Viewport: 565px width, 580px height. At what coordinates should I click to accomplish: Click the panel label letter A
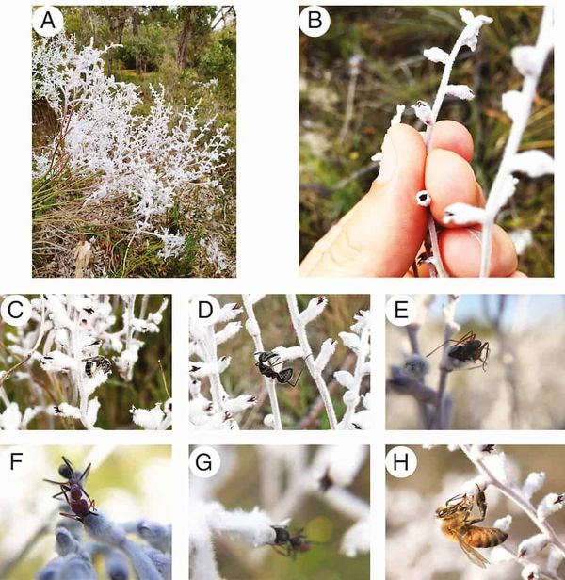48,21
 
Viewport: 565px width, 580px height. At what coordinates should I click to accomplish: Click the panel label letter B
315,21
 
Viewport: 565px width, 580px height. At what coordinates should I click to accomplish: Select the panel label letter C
16,310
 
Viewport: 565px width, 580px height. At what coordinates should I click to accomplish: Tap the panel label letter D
205,310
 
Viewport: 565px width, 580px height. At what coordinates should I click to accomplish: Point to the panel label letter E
401,310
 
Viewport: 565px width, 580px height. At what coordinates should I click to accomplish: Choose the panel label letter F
16,461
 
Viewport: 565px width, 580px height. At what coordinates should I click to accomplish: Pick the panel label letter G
204,461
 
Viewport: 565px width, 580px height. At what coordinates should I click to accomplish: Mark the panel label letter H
401,461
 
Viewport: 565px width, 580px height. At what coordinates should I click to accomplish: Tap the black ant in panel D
276,367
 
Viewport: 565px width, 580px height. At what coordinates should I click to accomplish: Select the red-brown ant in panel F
73,489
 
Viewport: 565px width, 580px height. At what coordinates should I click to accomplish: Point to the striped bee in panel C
97,366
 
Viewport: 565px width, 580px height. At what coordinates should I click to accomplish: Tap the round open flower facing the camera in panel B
424,199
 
